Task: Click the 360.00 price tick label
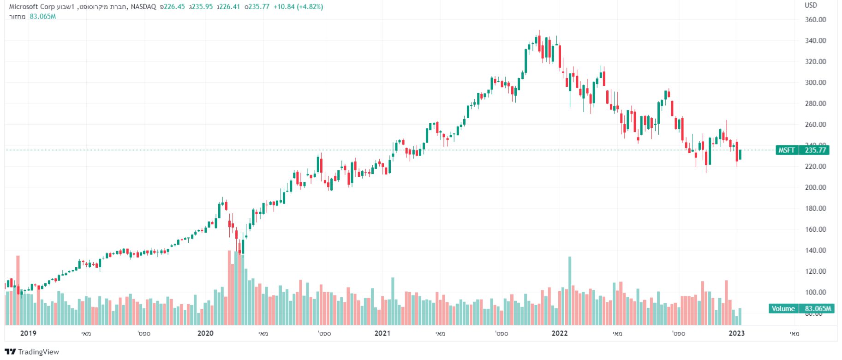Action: pos(815,19)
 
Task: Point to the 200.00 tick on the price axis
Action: pos(815,187)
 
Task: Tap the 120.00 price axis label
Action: pos(815,271)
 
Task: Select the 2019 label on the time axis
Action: pos(28,333)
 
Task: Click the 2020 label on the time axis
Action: pos(205,333)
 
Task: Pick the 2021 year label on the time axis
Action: pos(382,333)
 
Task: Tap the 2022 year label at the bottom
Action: pos(560,333)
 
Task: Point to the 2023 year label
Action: pos(736,333)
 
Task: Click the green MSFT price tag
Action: pos(787,150)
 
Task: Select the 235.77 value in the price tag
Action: pos(815,150)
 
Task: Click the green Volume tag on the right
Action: pos(783,308)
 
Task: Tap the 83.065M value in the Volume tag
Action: pos(818,308)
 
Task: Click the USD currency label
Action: pos(811,5)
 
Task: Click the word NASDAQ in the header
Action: pos(143,7)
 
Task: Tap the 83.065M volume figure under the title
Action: pos(42,17)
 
